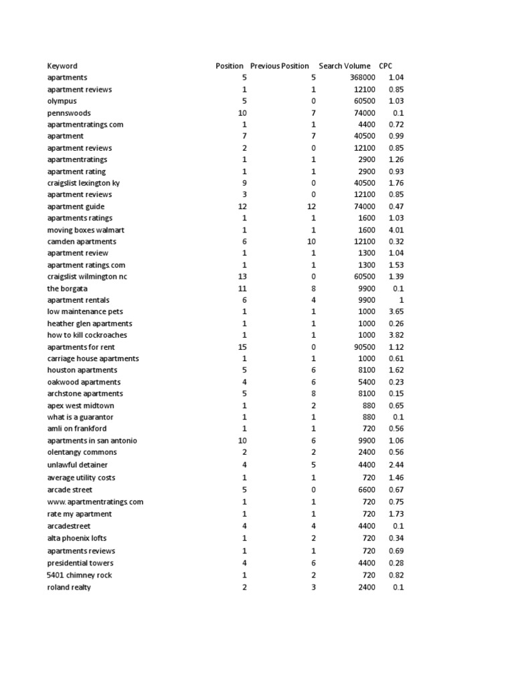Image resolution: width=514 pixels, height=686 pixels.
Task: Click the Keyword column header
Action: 62,66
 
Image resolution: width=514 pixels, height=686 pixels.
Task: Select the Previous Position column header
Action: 279,66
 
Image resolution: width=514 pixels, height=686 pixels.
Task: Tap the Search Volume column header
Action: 344,66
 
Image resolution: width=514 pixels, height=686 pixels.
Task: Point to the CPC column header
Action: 385,66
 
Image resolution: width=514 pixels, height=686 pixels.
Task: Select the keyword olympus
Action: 62,101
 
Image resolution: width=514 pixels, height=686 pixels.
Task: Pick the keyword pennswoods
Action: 69,113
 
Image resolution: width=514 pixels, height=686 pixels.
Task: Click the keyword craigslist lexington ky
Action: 83,183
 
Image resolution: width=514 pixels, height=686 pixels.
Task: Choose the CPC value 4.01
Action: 396,230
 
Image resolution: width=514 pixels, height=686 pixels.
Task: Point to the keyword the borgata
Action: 67,288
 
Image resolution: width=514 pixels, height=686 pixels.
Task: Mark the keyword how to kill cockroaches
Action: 87,335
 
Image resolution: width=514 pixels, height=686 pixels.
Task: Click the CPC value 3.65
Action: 396,312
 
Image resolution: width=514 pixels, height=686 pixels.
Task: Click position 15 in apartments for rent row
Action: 242,347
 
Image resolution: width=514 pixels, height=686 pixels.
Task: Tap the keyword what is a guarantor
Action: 80,417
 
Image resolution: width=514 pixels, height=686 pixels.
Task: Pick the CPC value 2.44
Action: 396,465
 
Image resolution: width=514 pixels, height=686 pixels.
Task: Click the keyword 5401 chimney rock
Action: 80,575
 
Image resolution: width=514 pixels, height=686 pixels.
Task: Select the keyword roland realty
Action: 69,588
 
